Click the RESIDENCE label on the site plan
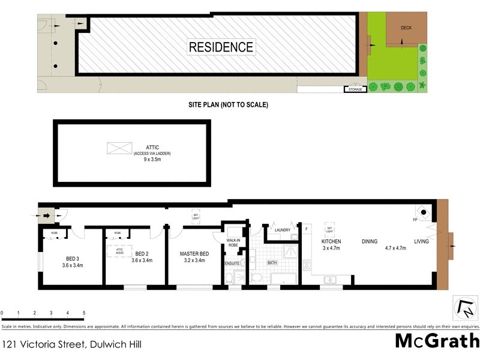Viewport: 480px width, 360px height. pos(221,47)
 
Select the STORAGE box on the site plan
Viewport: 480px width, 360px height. pos(355,90)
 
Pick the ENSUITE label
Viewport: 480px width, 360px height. pos(233,262)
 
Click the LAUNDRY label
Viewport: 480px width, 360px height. pos(282,230)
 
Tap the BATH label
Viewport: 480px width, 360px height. pos(272,262)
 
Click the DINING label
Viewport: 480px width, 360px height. pos(369,242)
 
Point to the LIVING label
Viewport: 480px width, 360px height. pos(421,242)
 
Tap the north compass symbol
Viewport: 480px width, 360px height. pos(465,308)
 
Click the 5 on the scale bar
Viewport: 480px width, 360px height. pos(84,313)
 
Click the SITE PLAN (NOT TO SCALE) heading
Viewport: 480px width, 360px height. pos(229,105)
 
